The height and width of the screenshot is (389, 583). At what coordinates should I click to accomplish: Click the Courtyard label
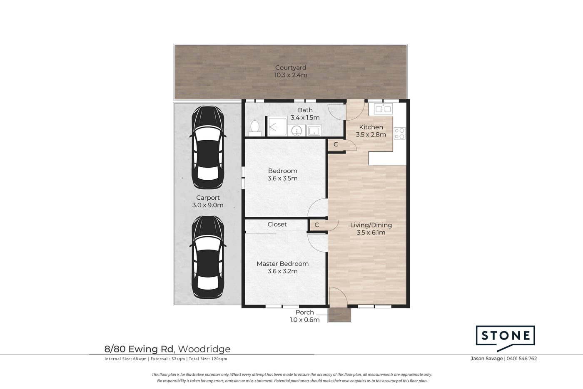tap(291, 67)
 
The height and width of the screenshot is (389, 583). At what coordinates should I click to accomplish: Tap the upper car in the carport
tap(208, 147)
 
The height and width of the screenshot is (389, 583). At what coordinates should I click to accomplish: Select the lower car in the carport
tap(208, 257)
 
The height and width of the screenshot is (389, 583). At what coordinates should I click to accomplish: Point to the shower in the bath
tap(277, 126)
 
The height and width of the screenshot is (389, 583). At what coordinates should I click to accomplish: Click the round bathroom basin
tap(296, 130)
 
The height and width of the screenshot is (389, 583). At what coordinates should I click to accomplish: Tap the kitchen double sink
tap(383, 109)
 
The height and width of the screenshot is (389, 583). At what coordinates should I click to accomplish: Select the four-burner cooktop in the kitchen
tap(399, 133)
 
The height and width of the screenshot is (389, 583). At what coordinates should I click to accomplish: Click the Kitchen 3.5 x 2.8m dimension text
tap(371, 135)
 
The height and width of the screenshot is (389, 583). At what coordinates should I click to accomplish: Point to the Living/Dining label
tap(371, 225)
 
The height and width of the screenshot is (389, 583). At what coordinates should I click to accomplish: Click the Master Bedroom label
tap(283, 264)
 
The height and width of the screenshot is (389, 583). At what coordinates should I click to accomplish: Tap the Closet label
tap(277, 224)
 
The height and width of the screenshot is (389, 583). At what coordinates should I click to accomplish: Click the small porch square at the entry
tap(340, 315)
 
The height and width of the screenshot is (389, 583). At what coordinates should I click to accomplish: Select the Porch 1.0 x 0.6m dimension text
tap(305, 320)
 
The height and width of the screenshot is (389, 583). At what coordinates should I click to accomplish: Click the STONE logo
tap(505, 338)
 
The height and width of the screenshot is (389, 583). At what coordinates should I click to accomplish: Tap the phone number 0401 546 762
tap(521, 359)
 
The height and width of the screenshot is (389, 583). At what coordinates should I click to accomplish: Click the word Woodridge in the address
tap(204, 349)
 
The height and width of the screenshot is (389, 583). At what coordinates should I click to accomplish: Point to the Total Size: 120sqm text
tap(208, 359)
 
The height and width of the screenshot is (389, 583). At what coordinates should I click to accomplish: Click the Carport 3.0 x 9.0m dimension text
tap(208, 205)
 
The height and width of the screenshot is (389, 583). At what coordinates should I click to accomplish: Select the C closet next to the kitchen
tap(336, 144)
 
